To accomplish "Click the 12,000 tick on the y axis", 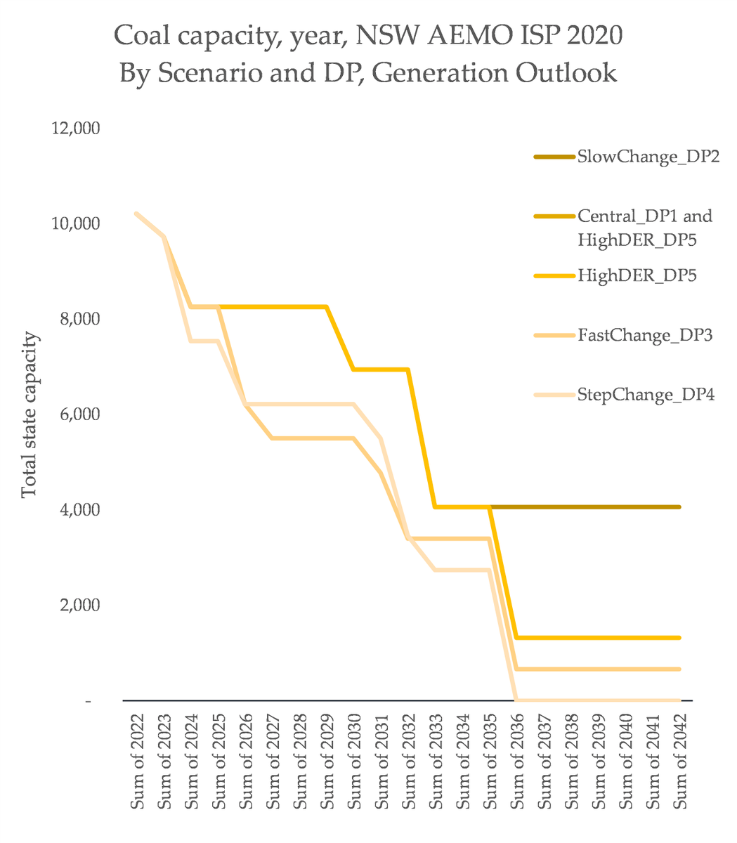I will coord(77,129).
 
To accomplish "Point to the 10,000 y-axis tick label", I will coord(77,223).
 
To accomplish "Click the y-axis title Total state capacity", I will coord(28,414).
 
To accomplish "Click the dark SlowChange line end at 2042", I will coord(679,507).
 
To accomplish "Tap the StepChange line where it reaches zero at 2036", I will coord(516,700).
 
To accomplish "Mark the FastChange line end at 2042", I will coord(679,669).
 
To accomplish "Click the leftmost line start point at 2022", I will coord(136,213).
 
